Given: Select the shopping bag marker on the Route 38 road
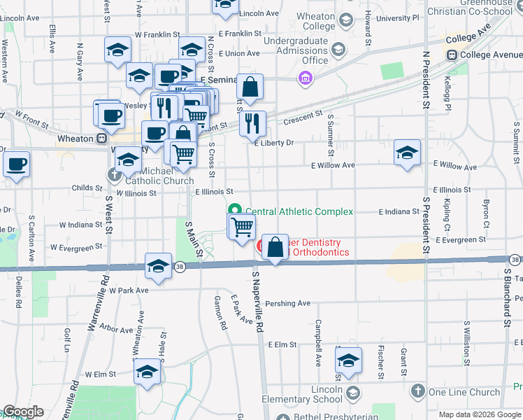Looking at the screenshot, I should coord(275,248).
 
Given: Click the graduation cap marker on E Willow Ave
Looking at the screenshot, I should coord(407,153).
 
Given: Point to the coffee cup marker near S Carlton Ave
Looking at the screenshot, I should coord(16,165).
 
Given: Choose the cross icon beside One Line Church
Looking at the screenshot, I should coord(417,391).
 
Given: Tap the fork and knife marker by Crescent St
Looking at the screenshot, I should coord(252,124).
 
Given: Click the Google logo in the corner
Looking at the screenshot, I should coord(23,412).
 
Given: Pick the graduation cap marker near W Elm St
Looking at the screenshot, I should coord(148,372).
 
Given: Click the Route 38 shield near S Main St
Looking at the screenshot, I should coord(180,267).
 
